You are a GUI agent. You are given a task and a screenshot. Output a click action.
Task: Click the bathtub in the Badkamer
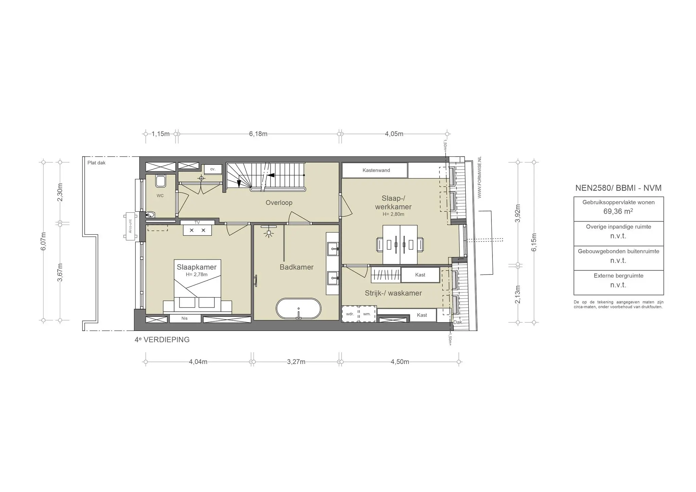point(298,309)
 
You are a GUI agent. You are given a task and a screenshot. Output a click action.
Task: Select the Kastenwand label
point(376,170)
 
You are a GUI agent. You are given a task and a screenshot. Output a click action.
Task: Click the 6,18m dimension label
point(258,134)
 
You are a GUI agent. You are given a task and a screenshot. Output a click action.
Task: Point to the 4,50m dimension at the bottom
point(400,362)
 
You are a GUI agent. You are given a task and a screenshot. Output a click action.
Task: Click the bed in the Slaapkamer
point(197,287)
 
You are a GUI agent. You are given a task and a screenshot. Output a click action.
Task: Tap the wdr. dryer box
point(350,314)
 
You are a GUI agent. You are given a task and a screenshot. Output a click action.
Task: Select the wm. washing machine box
point(367,314)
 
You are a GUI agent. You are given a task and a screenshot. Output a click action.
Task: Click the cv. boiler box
point(213,169)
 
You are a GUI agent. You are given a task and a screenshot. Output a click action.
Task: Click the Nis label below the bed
point(185,319)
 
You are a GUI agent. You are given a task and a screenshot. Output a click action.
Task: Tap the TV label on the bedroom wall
point(197,223)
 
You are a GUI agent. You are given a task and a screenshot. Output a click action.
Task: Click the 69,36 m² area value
point(618,211)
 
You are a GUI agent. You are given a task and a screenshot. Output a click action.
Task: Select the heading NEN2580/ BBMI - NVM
point(618,188)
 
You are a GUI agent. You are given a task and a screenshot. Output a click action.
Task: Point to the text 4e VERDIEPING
point(162,340)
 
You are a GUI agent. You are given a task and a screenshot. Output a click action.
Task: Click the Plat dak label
point(97,163)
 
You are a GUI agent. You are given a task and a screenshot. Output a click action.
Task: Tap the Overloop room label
point(279,203)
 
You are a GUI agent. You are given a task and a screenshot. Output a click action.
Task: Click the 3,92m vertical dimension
point(518,213)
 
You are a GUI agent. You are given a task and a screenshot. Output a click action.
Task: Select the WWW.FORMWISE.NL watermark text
point(480,177)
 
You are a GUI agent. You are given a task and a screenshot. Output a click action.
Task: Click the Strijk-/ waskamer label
point(393,293)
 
